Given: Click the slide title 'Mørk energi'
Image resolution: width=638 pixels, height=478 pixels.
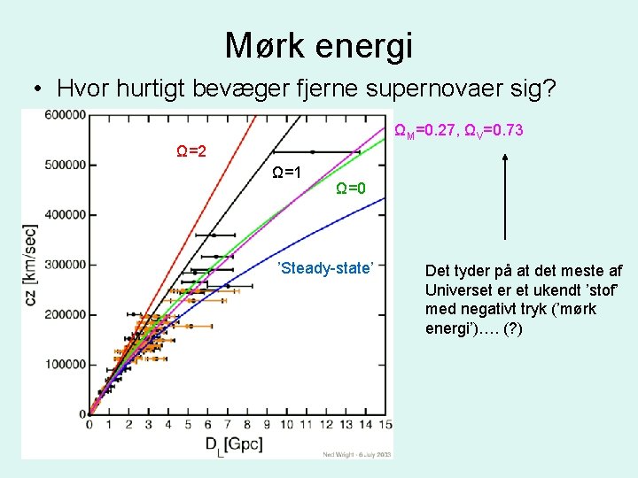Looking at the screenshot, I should [319, 45].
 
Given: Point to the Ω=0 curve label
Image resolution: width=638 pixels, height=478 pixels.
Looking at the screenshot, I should [351, 188].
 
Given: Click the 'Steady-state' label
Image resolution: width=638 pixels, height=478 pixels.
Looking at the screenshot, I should [326, 267].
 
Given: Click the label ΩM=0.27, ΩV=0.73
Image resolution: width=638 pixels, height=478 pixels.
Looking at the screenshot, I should [458, 131].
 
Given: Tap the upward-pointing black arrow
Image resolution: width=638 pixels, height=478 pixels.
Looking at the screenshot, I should [504, 195].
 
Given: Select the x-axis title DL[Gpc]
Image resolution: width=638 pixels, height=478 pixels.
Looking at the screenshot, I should [233, 444].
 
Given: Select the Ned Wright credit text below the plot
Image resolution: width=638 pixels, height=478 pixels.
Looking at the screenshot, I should [354, 455].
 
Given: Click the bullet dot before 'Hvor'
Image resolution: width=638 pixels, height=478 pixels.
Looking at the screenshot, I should [35, 90].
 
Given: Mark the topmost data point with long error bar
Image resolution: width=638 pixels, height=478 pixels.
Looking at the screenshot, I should [312, 152].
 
